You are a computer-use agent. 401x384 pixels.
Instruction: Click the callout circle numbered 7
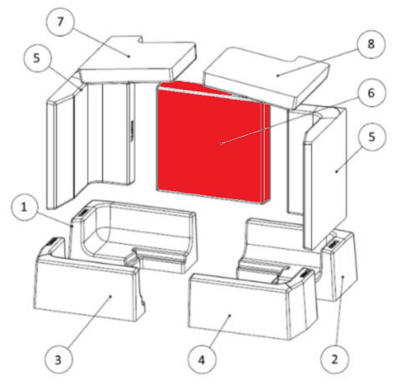coord(60,22)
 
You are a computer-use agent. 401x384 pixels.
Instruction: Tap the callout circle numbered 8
coord(371,44)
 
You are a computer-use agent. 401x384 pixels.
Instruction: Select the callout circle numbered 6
coord(371,93)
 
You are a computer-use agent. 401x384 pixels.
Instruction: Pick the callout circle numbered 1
coord(24,207)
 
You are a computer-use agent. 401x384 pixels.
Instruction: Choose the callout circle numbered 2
coord(334,359)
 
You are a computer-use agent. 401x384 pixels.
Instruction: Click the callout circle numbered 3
coord(58,360)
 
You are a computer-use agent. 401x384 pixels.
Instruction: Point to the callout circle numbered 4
coord(201,360)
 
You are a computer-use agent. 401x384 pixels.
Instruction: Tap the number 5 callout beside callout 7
coord(37,58)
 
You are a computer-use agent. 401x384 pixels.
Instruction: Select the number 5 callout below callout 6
coord(372,137)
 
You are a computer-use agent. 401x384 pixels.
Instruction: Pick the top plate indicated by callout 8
coord(266,77)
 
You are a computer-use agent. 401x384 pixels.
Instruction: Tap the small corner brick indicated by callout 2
coord(339,266)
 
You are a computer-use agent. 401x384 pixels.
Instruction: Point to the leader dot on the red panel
coord(221,143)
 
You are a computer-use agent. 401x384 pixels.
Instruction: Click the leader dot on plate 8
coord(278,75)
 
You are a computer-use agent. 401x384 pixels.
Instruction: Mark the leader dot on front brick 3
coord(110,296)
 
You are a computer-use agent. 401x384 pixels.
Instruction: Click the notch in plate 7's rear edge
coord(140,40)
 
